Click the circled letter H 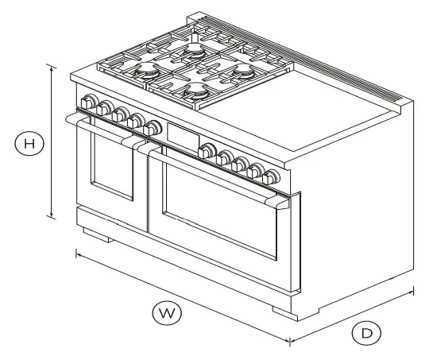coord(29,144)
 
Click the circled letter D coord(365,334)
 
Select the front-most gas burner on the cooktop coord(193,93)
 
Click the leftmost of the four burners coord(149,72)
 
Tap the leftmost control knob coord(87,103)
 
